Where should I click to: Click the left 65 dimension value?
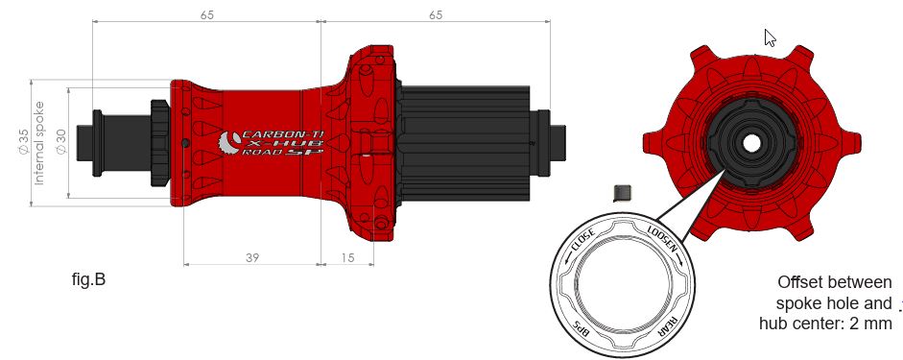point(207,15)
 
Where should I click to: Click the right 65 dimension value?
point(436,15)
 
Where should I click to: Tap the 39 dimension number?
point(252,257)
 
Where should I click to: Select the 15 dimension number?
point(347,257)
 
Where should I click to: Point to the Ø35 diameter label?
point(24,142)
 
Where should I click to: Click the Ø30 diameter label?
point(61,142)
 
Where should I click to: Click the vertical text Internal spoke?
point(39,143)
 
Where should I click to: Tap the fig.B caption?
point(88,279)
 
